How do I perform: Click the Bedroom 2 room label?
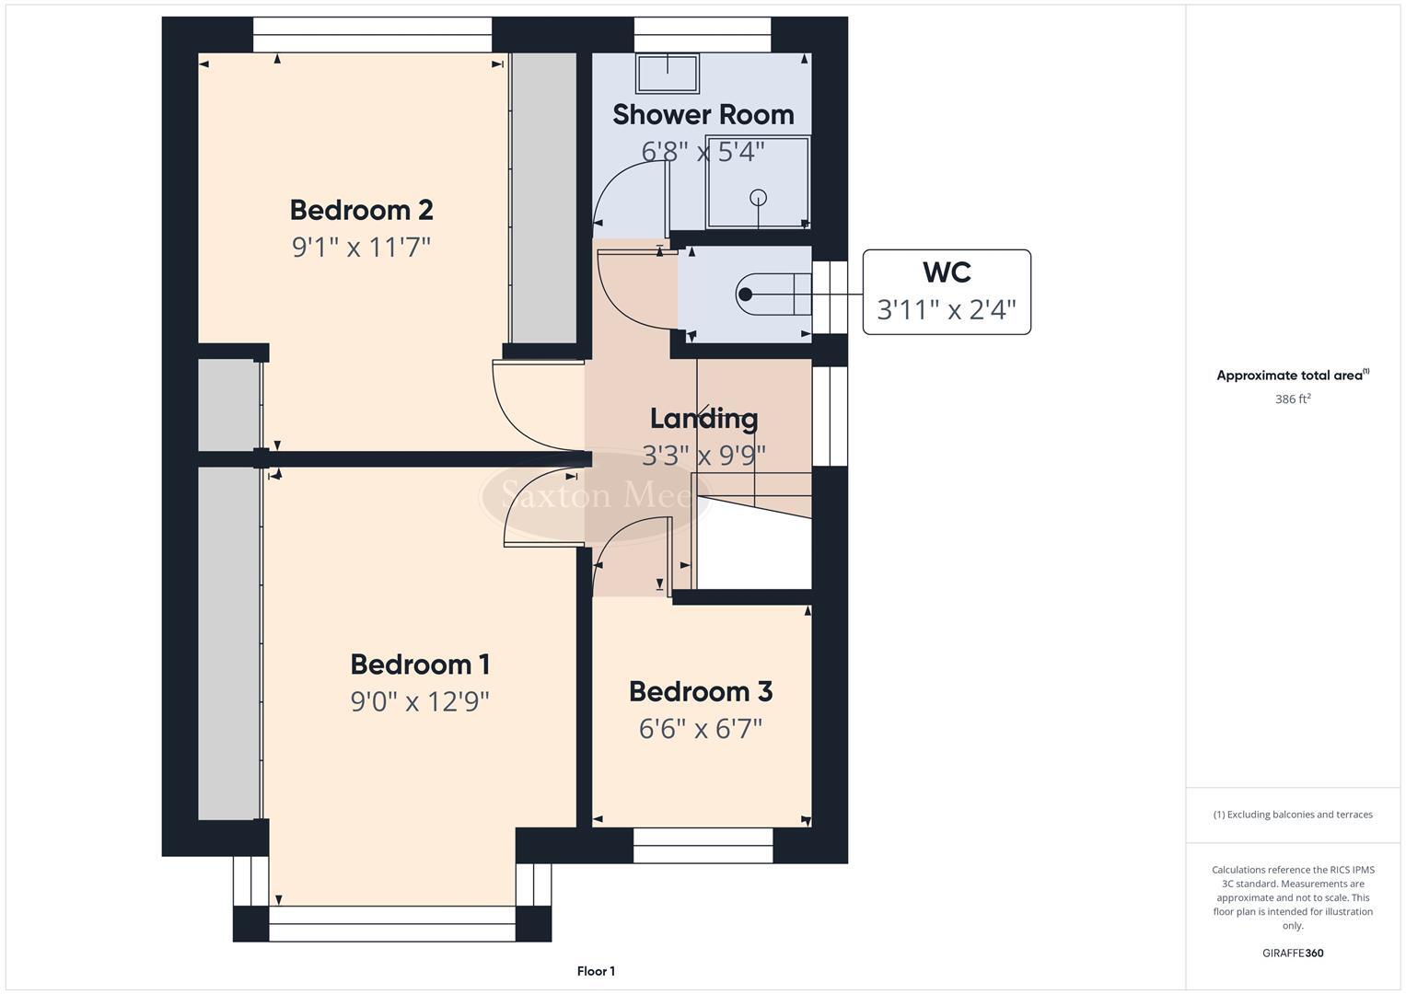coord(361,210)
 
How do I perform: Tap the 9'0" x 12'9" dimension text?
coord(419,702)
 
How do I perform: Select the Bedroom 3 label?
coord(700,691)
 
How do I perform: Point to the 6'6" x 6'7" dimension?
coord(700,729)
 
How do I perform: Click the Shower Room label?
coord(703,114)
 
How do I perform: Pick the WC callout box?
coord(946,291)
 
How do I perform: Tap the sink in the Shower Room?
coord(668,74)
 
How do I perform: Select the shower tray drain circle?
coord(759,196)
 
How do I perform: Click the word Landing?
coord(703,419)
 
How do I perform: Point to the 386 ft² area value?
coord(1292,399)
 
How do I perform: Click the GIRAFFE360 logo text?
coord(1292,953)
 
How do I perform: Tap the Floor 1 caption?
coord(596,971)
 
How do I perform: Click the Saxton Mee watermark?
coord(589,496)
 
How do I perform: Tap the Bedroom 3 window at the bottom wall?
coord(703,845)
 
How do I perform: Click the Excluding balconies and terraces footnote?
coord(1292,815)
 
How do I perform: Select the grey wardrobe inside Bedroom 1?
coord(228,644)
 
